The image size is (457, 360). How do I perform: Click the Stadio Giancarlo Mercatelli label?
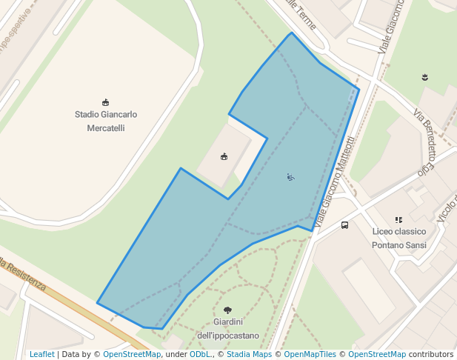pyautogui.click(x=106, y=121)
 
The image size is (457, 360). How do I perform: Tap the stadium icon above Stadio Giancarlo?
pyautogui.click(x=105, y=102)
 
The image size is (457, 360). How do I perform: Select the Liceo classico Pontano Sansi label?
pyautogui.click(x=398, y=238)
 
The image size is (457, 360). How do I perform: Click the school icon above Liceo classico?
pyautogui.click(x=398, y=220)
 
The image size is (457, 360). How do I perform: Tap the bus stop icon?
pyautogui.click(x=345, y=225)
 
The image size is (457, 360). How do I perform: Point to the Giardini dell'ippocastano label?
pyautogui.click(x=228, y=328)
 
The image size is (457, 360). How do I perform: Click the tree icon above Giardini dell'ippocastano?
pyautogui.click(x=227, y=310)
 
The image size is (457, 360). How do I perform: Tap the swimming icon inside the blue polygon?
pyautogui.click(x=290, y=176)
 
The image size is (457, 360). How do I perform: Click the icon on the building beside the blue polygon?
pyautogui.click(x=224, y=156)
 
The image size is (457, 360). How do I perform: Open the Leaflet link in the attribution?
pyautogui.click(x=42, y=354)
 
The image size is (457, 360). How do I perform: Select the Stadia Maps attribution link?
pyautogui.click(x=249, y=354)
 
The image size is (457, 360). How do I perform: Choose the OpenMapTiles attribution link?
pyautogui.click(x=310, y=354)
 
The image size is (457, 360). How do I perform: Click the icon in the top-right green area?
pyautogui.click(x=425, y=77)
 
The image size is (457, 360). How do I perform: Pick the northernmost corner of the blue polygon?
pyautogui.click(x=292, y=33)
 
